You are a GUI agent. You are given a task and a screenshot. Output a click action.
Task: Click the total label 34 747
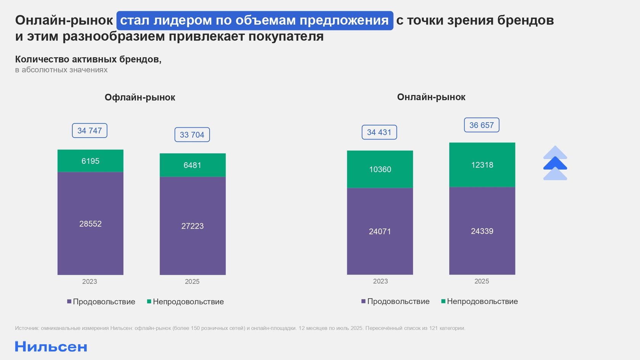click(90, 131)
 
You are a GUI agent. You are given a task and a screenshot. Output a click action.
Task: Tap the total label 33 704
click(192, 135)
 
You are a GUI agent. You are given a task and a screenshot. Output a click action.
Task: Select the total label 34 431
click(379, 132)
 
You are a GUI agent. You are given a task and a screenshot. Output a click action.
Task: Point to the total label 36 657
click(482, 125)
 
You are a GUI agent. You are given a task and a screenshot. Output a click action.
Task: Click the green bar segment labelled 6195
click(90, 161)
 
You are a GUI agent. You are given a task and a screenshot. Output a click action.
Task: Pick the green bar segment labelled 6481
click(192, 165)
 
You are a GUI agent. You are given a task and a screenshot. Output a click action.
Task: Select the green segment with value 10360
click(380, 169)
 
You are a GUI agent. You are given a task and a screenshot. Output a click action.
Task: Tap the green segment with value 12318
click(482, 165)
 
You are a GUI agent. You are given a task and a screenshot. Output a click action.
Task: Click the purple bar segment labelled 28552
click(90, 224)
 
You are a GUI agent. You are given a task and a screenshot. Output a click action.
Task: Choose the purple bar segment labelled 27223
click(192, 226)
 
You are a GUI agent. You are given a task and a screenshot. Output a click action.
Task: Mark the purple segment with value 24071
click(380, 231)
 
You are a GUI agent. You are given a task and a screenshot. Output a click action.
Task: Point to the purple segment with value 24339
click(482, 231)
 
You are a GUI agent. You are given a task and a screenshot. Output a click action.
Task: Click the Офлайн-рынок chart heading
click(140, 98)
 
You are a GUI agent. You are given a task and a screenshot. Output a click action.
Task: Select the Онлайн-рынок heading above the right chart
click(431, 97)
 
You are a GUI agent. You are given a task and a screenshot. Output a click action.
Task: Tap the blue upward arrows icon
click(555, 163)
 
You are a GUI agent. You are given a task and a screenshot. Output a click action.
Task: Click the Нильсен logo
click(51, 347)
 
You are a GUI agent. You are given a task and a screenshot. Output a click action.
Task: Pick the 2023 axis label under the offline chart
click(90, 282)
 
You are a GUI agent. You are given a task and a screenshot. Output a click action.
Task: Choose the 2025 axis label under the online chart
click(482, 281)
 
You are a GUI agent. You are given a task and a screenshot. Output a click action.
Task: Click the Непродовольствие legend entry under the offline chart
click(186, 302)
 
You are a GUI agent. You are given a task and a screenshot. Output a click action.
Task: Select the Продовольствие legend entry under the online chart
click(395, 301)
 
